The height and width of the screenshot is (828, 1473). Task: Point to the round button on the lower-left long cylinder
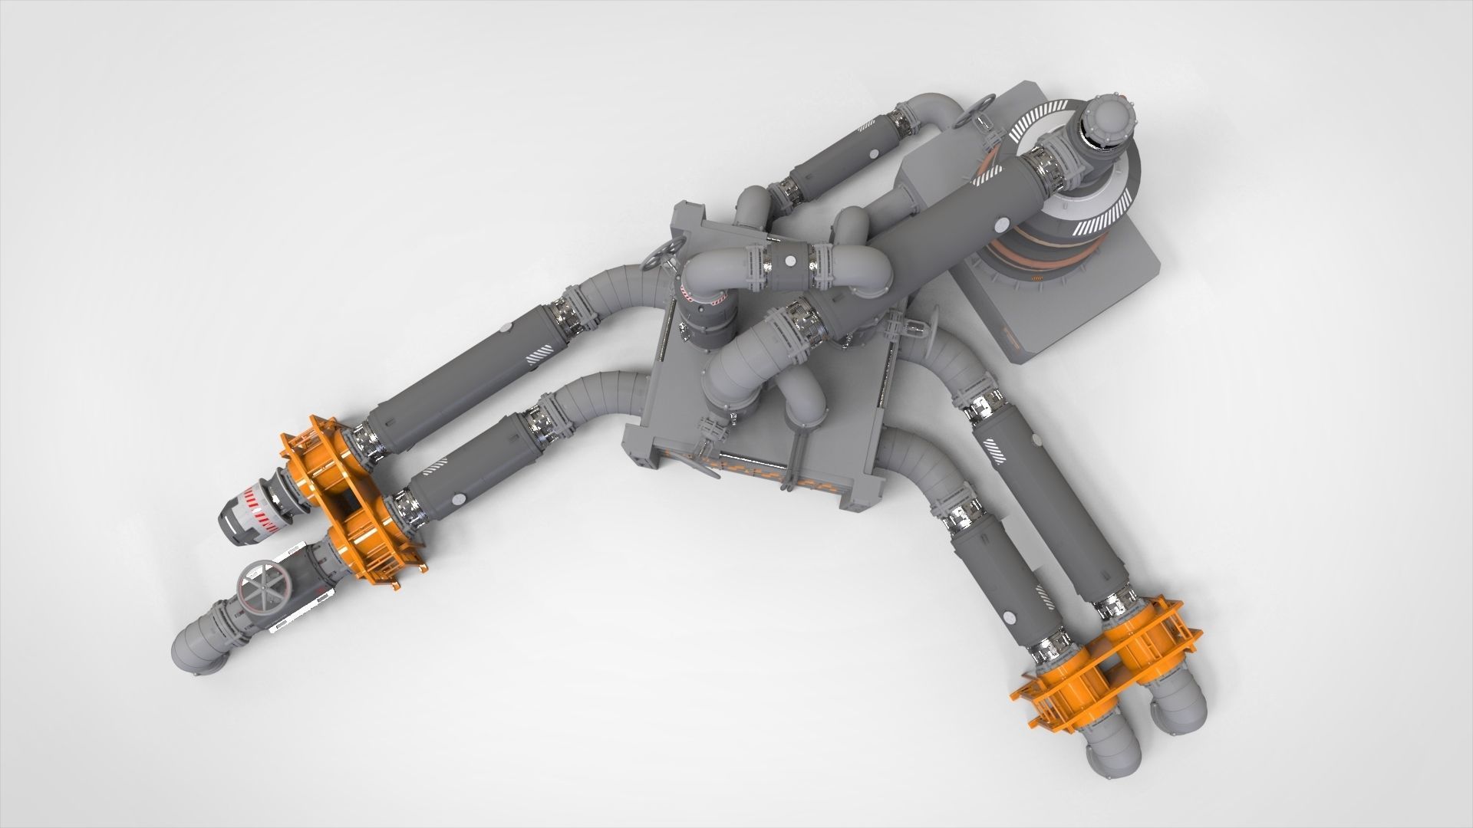(x=458, y=499)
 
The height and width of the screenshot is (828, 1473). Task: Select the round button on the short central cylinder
(x=787, y=262)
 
